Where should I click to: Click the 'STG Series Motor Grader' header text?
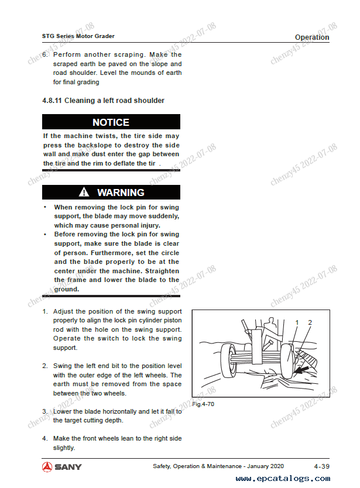coord(78,36)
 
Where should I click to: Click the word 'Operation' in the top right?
coord(311,37)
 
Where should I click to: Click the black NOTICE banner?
coord(111,122)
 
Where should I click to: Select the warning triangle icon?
coord(85,193)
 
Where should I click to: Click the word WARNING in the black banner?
coord(121,193)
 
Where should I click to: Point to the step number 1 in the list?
coord(45,312)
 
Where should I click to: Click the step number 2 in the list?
coord(45,366)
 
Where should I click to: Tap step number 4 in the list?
coord(45,439)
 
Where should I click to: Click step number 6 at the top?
coord(45,55)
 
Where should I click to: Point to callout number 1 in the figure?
coord(297,323)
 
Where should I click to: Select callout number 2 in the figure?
coord(310,323)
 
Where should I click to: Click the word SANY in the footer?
coord(69,467)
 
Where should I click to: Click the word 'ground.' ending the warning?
coord(66,289)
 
